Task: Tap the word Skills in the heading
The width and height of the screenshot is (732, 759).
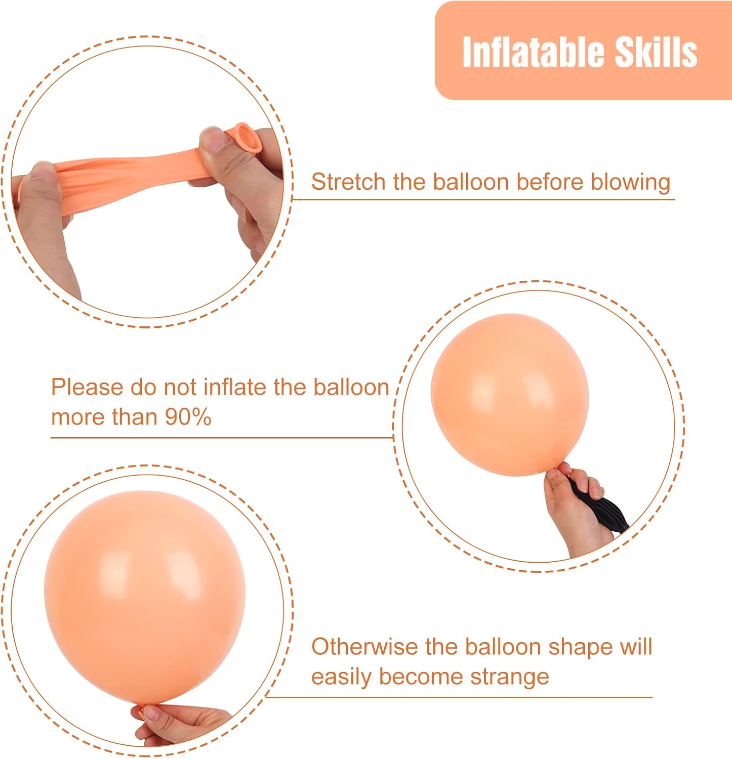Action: coord(656,52)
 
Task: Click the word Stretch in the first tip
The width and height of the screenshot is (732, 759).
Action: coord(348,182)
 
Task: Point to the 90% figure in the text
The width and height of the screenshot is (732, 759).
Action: coord(188,417)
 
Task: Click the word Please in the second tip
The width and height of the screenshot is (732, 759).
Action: coord(87,387)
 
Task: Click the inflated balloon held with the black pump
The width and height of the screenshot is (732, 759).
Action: coord(510,395)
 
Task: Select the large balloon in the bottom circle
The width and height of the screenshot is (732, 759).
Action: coord(145,598)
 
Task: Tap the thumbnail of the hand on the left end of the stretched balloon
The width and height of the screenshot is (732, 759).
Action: coord(43,171)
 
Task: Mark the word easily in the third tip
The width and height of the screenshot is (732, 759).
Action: coord(341,678)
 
